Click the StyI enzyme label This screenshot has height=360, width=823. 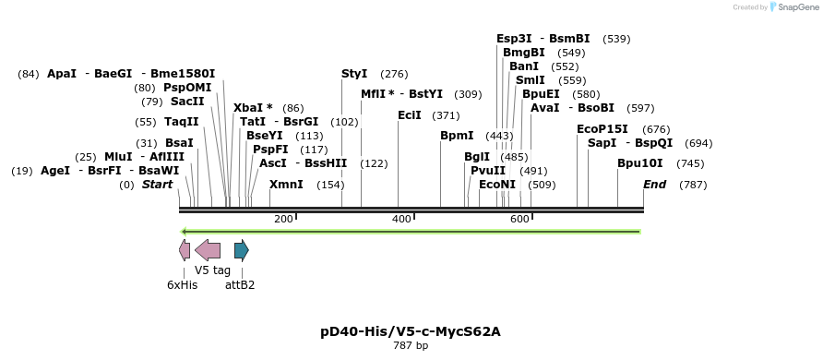tap(354, 74)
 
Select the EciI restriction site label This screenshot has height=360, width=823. tap(409, 115)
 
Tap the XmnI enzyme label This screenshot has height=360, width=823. tap(286, 185)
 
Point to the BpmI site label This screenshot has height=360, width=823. tap(457, 136)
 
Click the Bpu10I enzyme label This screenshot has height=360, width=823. tap(640, 163)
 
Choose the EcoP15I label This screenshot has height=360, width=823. tap(602, 129)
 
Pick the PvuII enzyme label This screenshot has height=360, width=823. tap(488, 171)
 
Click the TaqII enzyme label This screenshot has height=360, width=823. tap(181, 122)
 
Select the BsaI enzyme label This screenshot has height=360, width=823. tap(179, 143)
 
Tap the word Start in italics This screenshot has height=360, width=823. tap(157, 185)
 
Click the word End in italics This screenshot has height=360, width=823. tap(654, 185)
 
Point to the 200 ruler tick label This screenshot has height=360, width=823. tap(283, 219)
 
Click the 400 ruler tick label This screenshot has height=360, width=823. tap(401, 219)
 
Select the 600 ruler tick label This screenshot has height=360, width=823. tap(519, 219)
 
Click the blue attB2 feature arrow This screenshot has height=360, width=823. tap(242, 250)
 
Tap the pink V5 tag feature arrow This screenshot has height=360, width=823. tap(208, 250)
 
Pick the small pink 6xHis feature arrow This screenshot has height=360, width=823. tap(185, 250)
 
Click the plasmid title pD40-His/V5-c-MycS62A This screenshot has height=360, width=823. tap(411, 330)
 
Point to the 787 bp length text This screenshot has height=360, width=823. tap(411, 346)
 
